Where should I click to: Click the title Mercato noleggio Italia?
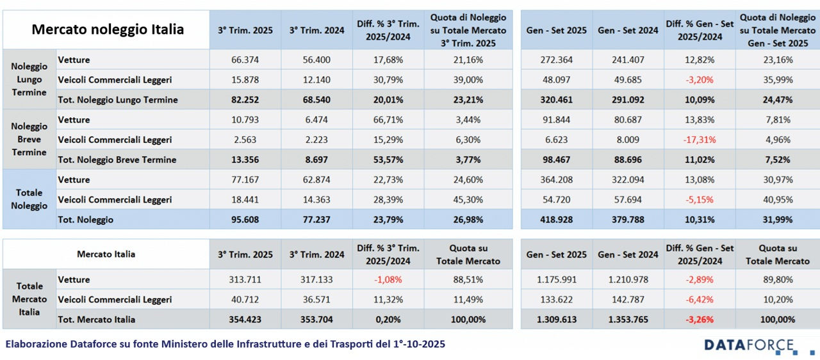(108, 29)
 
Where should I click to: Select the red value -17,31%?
(699, 140)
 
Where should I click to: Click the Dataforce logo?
(750, 346)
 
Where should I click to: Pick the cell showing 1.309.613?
(556, 320)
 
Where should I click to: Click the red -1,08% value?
(388, 280)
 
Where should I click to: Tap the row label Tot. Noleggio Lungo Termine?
(118, 100)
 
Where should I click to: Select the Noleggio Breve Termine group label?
(29, 140)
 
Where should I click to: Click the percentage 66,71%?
(388, 120)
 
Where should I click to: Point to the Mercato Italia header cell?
(106, 254)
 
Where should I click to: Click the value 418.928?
(556, 220)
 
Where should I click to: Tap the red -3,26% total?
(699, 320)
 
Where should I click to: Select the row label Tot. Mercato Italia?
(97, 320)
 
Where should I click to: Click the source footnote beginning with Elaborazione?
(225, 345)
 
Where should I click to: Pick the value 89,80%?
(778, 280)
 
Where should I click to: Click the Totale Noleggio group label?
(29, 199)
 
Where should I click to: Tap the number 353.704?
(316, 320)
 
